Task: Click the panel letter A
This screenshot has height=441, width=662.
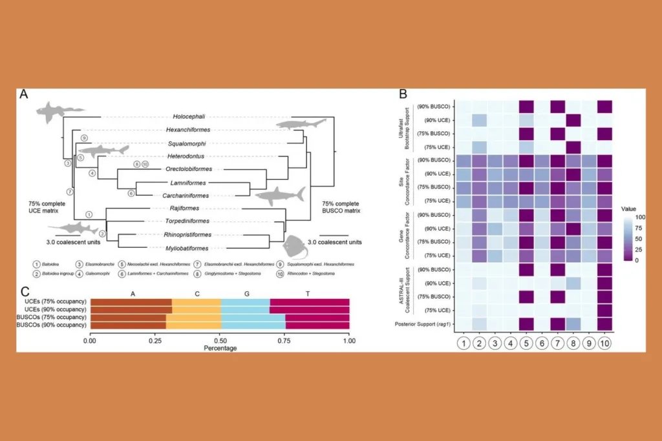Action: pyautogui.click(x=24, y=94)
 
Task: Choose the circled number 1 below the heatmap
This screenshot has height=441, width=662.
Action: pyautogui.click(x=462, y=342)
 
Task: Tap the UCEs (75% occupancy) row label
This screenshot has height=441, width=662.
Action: pyautogui.click(x=56, y=302)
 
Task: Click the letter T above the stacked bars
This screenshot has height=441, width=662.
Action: pyautogui.click(x=309, y=293)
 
